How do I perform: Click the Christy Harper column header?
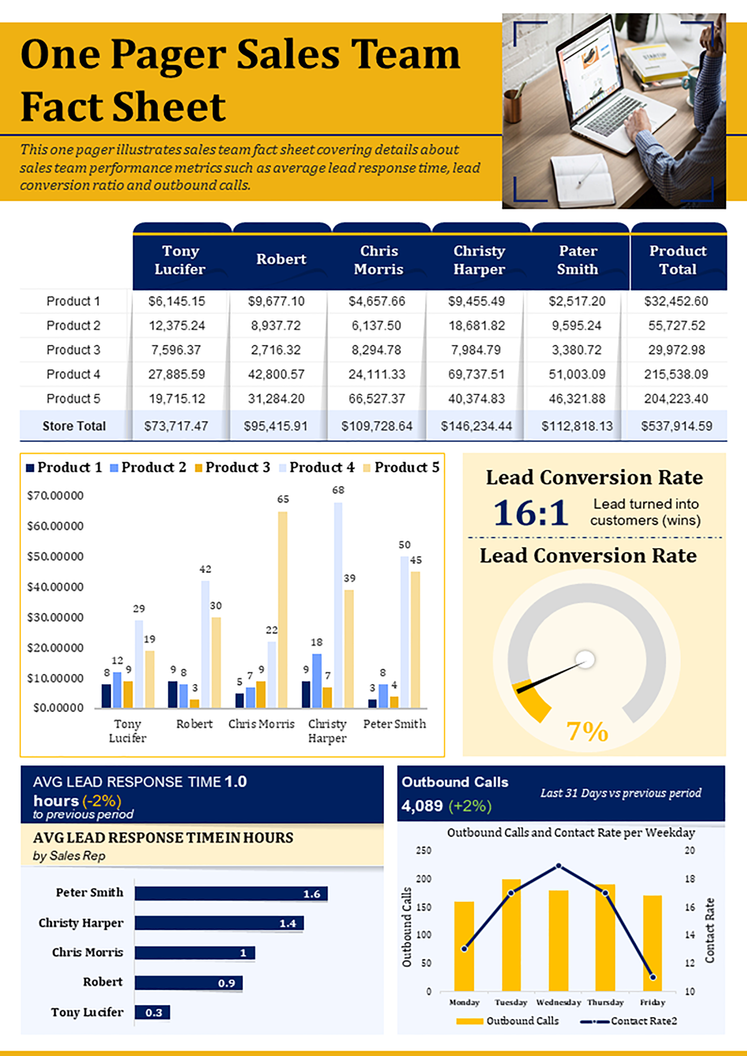click(479, 260)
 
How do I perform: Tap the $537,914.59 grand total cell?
click(677, 426)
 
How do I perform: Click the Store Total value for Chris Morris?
click(377, 426)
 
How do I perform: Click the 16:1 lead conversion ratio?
click(531, 513)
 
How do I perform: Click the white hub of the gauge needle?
click(586, 659)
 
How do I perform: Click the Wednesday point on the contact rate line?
click(559, 865)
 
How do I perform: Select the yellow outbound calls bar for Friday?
click(652, 943)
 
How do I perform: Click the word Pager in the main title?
click(168, 55)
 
